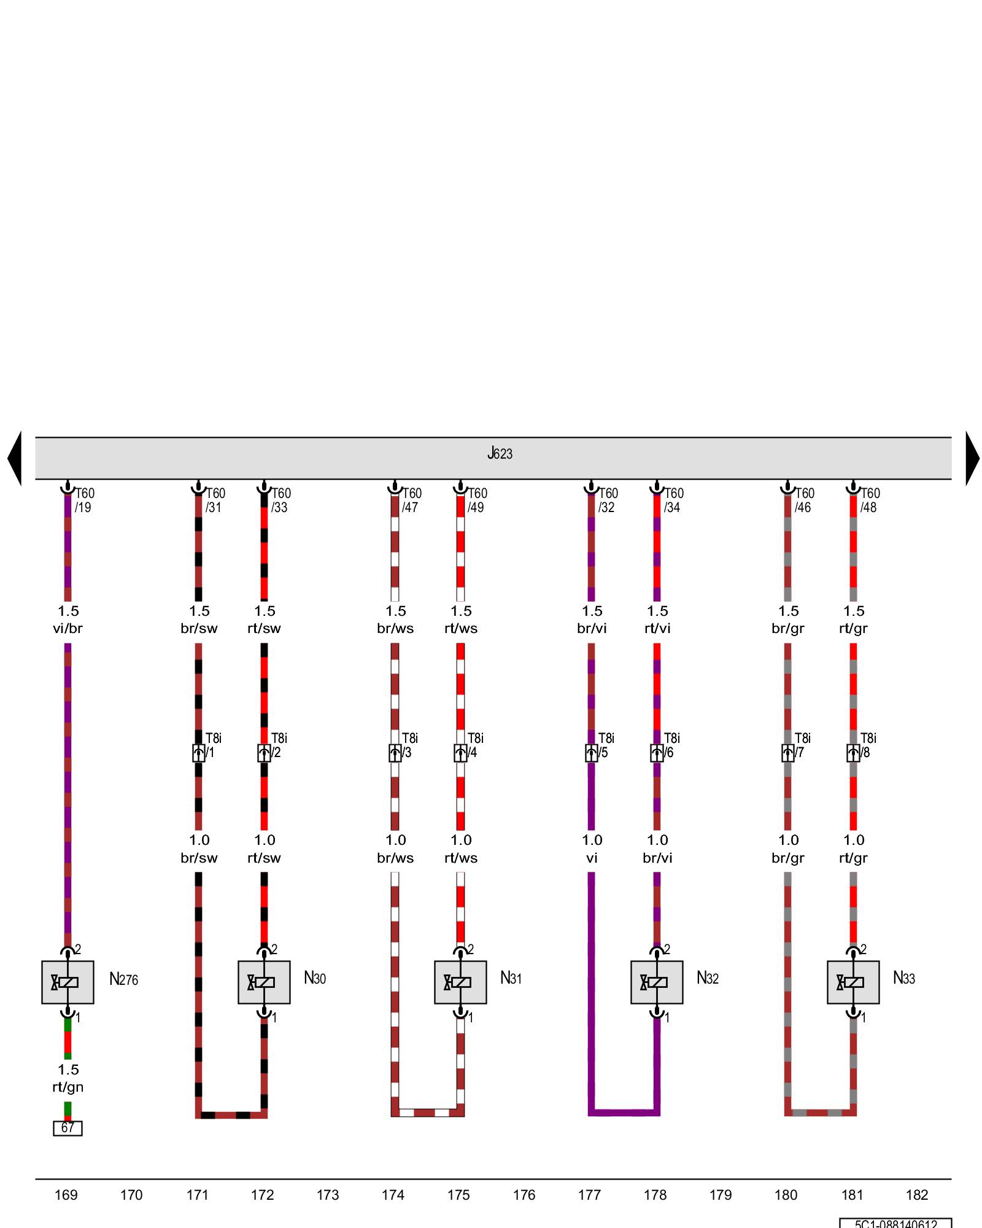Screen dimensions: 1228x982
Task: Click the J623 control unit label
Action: pyautogui.click(x=500, y=454)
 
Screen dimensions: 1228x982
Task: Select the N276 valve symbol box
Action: pyautogui.click(x=68, y=982)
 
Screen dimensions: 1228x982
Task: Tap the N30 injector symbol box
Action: pyautogui.click(x=264, y=982)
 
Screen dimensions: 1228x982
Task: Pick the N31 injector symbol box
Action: pyautogui.click(x=460, y=982)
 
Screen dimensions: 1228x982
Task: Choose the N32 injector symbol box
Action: pyautogui.click(x=657, y=982)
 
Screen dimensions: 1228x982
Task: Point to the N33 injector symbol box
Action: pyautogui.click(x=853, y=982)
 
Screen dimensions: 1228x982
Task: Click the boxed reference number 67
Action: pyautogui.click(x=68, y=1128)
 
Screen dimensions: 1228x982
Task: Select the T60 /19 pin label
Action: pyautogui.click(x=84, y=500)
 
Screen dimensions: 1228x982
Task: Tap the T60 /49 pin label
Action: pyautogui.click(x=477, y=500)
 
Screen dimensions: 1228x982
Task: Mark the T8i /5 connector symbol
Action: pyautogui.click(x=591, y=753)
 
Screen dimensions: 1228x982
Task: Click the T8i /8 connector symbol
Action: pyautogui.click(x=853, y=753)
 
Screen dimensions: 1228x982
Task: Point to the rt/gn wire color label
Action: pyautogui.click(x=68, y=1087)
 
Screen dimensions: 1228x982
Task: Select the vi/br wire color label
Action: pyautogui.click(x=68, y=629)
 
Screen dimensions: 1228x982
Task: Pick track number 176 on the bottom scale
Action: pyautogui.click(x=524, y=1195)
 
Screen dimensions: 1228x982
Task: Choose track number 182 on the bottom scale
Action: pyautogui.click(x=917, y=1195)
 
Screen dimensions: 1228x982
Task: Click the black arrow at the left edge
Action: pyautogui.click(x=15, y=458)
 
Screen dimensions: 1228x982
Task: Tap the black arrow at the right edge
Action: pyautogui.click(x=972, y=458)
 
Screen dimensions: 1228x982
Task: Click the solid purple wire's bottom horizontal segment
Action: pyautogui.click(x=624, y=1112)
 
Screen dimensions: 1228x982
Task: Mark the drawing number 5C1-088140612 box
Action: pyautogui.click(x=895, y=1223)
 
